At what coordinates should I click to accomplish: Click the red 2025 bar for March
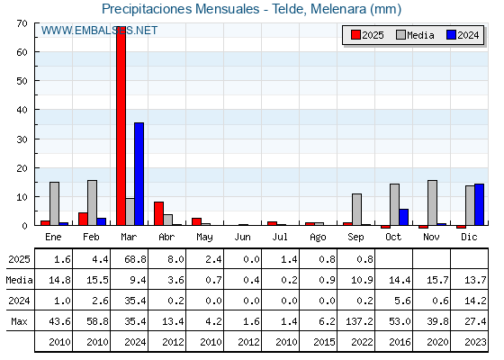121,126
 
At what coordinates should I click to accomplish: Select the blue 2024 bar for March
139,174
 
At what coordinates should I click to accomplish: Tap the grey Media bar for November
432,202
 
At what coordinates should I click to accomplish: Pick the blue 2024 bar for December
479,205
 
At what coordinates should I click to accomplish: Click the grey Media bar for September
356,210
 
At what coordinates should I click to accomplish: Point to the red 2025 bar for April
158,214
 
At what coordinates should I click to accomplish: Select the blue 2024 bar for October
404,217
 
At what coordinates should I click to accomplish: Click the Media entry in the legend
415,35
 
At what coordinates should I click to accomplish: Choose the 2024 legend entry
463,35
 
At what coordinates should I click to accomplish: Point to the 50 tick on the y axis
22,81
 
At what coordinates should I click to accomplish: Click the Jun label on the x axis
242,238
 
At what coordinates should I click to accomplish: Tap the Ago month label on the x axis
318,238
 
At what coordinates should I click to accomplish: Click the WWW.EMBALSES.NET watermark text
99,31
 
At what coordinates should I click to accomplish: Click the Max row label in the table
19,321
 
